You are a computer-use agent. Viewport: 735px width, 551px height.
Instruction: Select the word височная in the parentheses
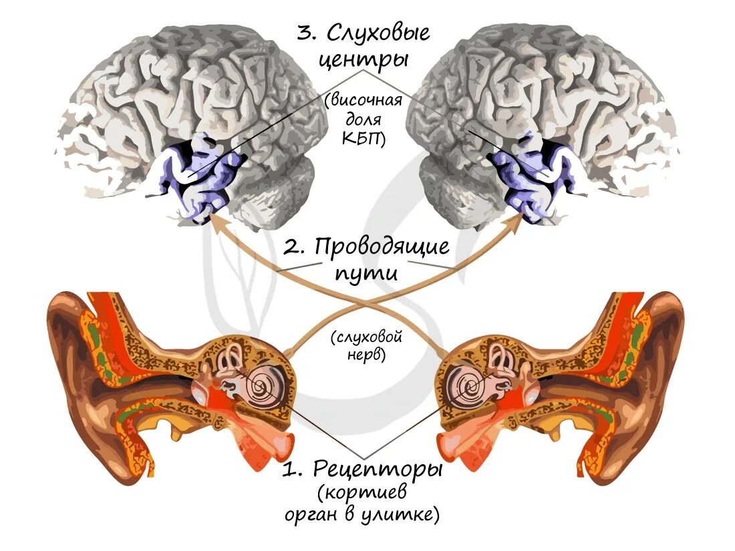tap(365, 101)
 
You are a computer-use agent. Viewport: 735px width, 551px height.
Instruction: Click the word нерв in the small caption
tap(365, 355)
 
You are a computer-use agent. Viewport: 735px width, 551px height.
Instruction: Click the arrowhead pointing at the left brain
tap(212, 220)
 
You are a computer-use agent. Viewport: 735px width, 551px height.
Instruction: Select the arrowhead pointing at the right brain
tap(523, 220)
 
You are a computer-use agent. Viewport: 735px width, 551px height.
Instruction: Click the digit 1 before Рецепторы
tap(289, 470)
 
